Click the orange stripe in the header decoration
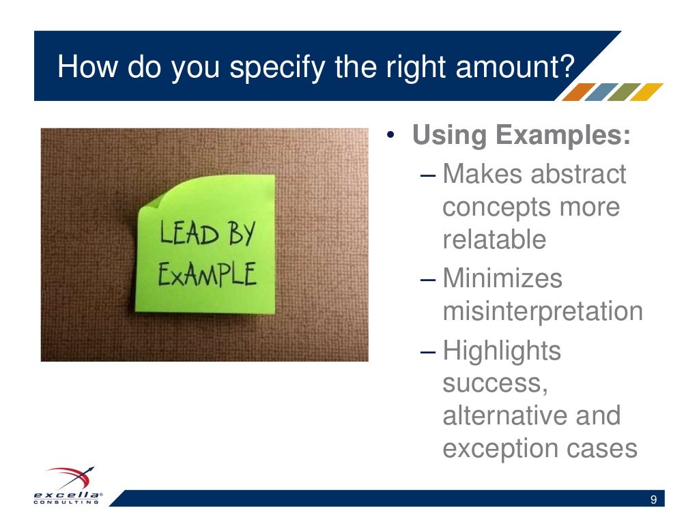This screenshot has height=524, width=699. tap(577, 91)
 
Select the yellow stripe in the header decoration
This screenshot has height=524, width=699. tap(645, 91)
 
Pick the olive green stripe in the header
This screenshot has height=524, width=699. tap(623, 91)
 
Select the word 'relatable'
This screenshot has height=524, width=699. tap(494, 240)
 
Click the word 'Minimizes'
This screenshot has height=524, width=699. tap(502, 278)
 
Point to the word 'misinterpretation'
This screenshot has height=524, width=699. tap(543, 312)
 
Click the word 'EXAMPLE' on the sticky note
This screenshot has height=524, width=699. tap(207, 276)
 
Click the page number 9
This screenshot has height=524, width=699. tap(653, 501)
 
